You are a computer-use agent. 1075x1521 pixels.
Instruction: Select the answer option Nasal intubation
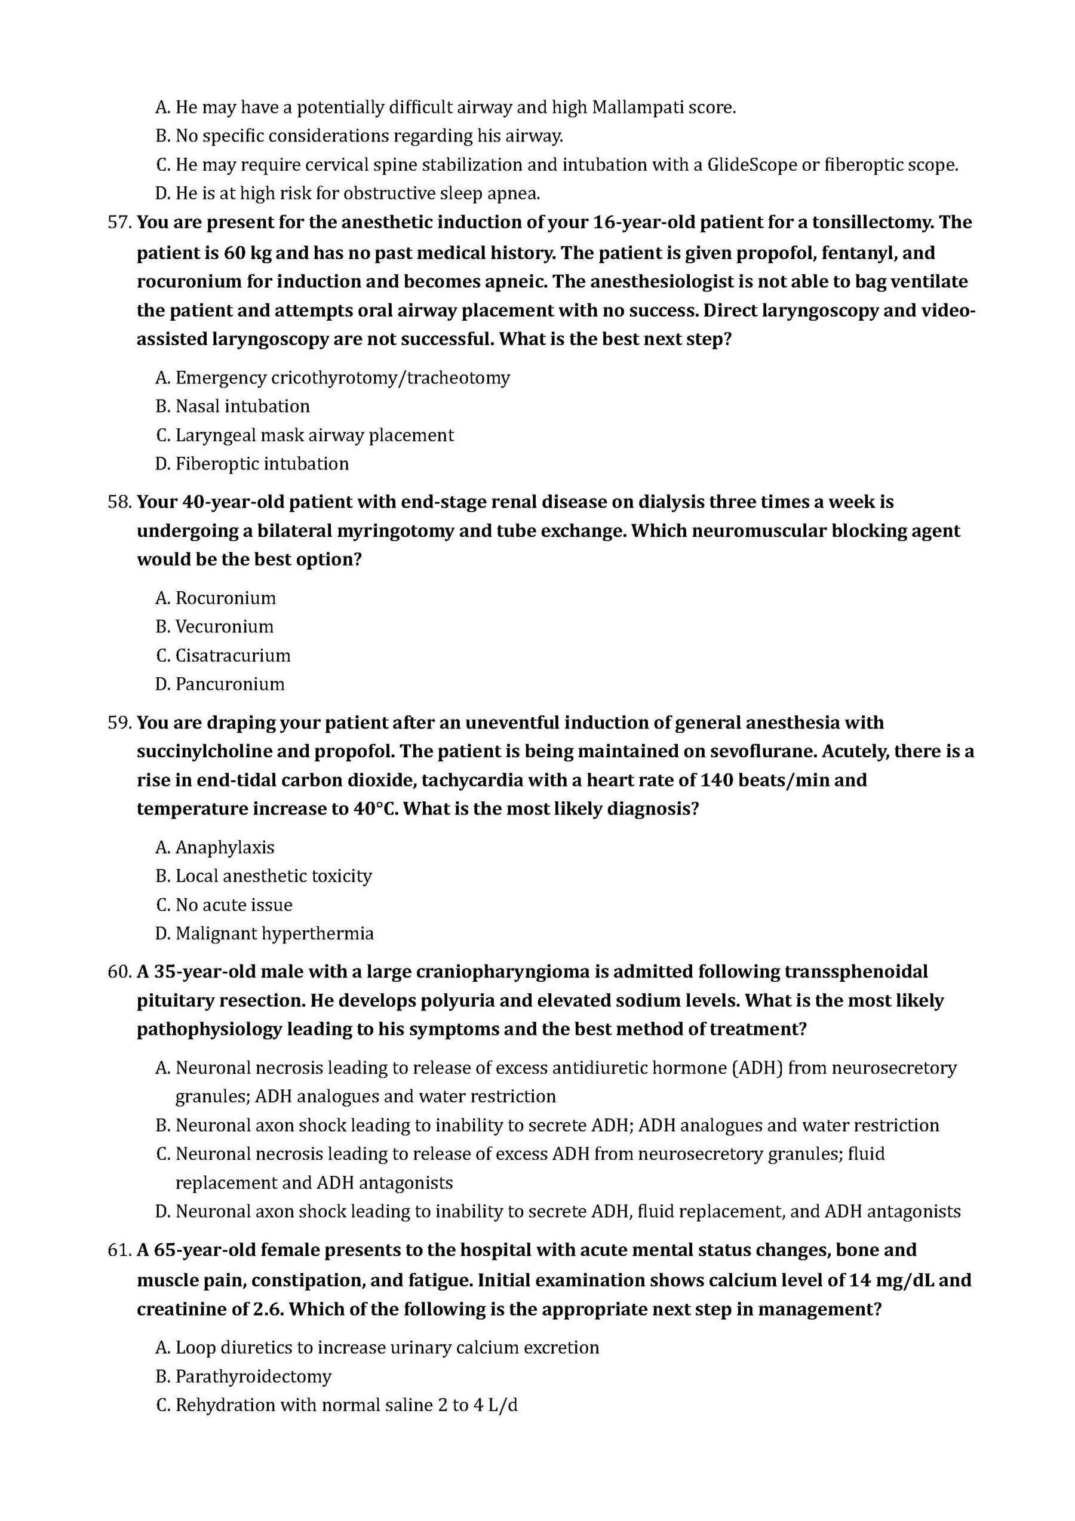[242, 406]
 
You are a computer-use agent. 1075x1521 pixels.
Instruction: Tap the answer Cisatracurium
[232, 655]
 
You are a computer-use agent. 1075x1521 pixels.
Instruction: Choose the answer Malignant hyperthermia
[274, 933]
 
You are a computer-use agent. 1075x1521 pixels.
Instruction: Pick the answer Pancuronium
[230, 684]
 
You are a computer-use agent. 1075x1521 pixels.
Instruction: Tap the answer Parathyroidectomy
[253, 1376]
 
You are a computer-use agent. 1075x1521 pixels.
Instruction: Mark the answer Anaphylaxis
[225, 847]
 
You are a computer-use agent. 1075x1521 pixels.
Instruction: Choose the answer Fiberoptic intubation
[262, 464]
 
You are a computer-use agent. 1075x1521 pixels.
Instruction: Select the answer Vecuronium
[224, 626]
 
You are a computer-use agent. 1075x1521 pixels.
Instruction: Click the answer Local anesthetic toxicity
[273, 876]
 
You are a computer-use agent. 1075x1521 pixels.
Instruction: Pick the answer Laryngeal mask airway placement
[315, 435]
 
